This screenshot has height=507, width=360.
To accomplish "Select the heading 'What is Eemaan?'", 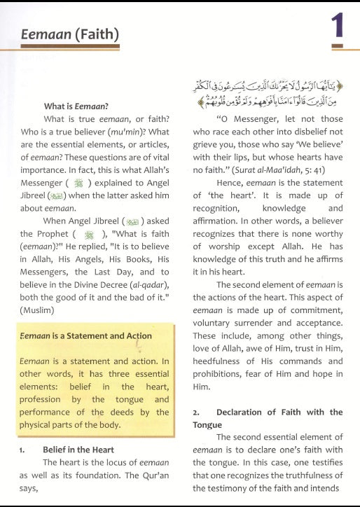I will click(76, 106).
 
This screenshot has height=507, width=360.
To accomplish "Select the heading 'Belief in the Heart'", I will click(78, 449).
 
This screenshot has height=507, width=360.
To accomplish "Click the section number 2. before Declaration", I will click(197, 412).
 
